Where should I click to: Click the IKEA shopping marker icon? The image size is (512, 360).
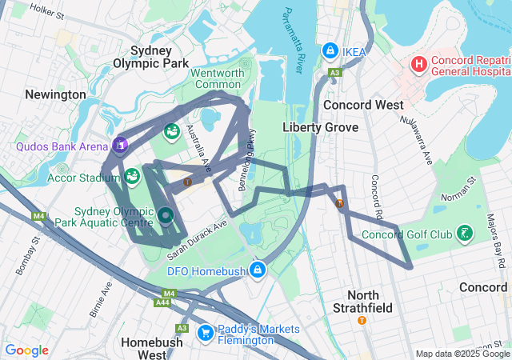(x=330, y=51)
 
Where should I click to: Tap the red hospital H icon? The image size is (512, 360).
(x=418, y=63)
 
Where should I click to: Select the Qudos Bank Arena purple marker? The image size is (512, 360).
(x=120, y=145)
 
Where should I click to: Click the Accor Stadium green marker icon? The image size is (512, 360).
(x=131, y=175)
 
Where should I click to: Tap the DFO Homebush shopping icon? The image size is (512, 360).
(x=258, y=270)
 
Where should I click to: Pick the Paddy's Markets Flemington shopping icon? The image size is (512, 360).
(x=206, y=330)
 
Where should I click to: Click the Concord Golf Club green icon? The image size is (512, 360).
(x=464, y=234)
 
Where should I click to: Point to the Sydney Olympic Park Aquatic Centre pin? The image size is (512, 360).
(x=166, y=215)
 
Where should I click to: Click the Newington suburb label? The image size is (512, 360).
(x=55, y=94)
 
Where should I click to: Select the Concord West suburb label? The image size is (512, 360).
(x=358, y=105)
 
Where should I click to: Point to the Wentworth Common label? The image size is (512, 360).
(x=216, y=78)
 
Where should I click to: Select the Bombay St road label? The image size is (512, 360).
(x=24, y=254)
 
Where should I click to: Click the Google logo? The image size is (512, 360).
(x=27, y=350)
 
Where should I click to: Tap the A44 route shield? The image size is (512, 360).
(x=162, y=302)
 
